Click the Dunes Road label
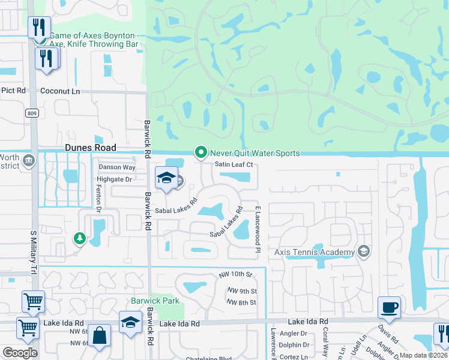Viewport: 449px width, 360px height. pos(90,147)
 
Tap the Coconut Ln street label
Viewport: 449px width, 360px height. pos(59,91)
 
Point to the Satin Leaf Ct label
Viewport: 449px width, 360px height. pos(236,164)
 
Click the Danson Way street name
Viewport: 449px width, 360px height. pos(117,167)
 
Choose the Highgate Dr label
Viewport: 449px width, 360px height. pos(113,179)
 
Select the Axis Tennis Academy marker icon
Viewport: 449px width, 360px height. pos(363,251)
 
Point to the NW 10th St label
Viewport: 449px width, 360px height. pos(233,274)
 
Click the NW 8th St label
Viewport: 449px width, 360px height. pos(241,302)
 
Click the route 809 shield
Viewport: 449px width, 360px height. pos(32,113)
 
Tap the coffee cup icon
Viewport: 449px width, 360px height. pos(389,308)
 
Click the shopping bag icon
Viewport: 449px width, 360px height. pos(100,335)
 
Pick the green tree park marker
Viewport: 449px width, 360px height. pos(79,239)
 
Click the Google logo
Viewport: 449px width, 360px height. pos(20,353)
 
